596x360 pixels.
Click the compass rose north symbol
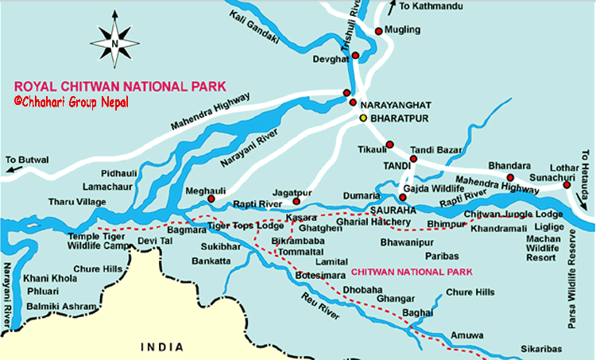click(x=115, y=41)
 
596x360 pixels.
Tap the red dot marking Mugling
click(x=378, y=32)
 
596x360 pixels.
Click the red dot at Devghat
click(x=355, y=56)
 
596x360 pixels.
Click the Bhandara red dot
click(x=511, y=177)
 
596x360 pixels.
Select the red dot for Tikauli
click(x=389, y=145)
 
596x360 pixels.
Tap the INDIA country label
click(x=161, y=347)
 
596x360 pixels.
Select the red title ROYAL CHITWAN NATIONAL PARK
click(x=120, y=86)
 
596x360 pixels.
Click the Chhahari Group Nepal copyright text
click(x=72, y=102)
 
